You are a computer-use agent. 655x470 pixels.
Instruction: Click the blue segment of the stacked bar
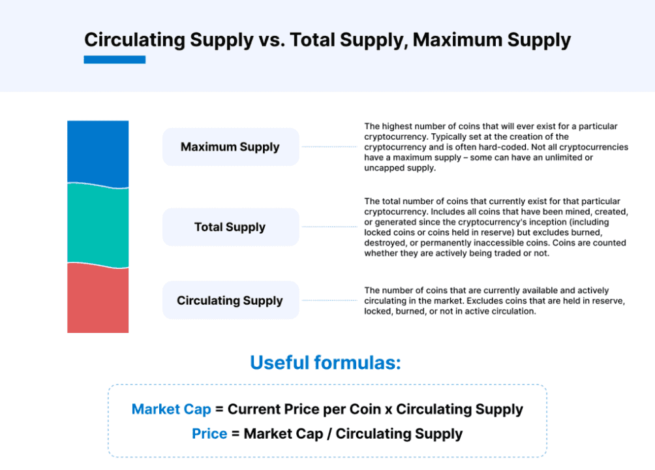pos(98,151)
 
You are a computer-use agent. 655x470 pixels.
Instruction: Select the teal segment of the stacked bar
pos(98,225)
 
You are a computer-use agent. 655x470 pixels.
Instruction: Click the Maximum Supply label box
pos(230,147)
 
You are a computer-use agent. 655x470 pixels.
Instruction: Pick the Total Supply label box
pos(230,227)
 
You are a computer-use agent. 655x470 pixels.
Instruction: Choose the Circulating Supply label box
pos(230,301)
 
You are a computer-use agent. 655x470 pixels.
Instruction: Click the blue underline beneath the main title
pos(115,60)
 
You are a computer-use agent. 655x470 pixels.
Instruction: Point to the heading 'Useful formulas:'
pos(326,363)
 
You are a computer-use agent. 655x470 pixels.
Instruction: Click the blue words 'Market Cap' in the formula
pos(172,409)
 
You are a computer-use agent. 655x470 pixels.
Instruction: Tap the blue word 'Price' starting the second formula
pos(209,434)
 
